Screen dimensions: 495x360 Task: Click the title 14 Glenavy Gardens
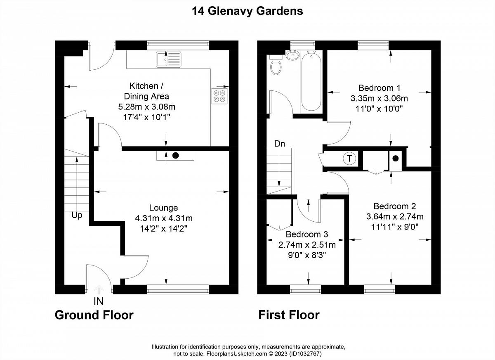pos(247,11)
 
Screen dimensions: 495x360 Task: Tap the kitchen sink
pos(169,59)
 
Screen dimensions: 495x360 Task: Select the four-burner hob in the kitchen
pos(219,96)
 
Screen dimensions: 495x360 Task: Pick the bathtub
pos(311,81)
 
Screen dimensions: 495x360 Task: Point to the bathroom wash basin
pos(292,54)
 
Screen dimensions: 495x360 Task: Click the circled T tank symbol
pos(349,159)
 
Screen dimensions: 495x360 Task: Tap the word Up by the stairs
pos(77,216)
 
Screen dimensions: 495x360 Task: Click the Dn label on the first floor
pos(280,144)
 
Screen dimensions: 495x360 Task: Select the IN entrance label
pos(99,301)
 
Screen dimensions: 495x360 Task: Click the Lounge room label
pos(163,208)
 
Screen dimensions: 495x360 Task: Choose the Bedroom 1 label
pos(379,88)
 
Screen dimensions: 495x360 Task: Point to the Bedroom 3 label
pos(307,234)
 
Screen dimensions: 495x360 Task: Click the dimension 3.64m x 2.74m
pos(395,216)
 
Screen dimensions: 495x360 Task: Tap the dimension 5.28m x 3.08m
pos(147,107)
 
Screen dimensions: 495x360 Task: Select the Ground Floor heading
pos(94,315)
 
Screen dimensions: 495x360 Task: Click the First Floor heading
pos(289,315)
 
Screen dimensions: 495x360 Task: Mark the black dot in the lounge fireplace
pos(175,156)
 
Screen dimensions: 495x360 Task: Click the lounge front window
pos(178,289)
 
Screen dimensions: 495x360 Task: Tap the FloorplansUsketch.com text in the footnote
pos(236,354)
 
